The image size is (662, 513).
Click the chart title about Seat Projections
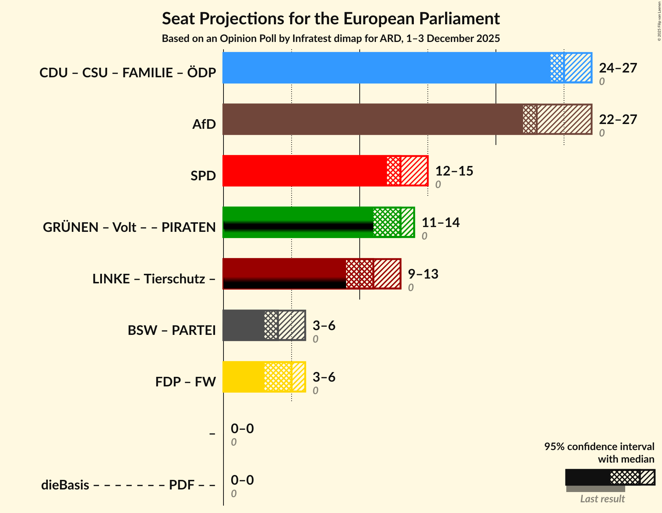[331, 19]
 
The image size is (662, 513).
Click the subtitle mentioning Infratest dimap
[331, 39]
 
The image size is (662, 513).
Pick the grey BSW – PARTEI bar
[243, 325]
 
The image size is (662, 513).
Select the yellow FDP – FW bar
[243, 377]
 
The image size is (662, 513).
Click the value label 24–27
[618, 68]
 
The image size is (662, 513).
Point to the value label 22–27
[618, 120]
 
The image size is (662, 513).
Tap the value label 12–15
[454, 171]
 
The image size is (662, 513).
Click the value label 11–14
[440, 223]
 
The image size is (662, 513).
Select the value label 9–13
[423, 274]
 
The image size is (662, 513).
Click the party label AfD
[204, 124]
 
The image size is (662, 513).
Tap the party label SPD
[203, 176]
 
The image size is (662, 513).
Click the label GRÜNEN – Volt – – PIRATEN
[129, 227]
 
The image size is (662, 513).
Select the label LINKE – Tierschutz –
[154, 279]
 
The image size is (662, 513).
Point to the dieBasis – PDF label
[128, 485]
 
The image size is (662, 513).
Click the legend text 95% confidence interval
[599, 447]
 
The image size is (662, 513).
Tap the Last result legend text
[602, 499]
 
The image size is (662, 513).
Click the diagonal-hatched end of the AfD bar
[564, 119]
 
